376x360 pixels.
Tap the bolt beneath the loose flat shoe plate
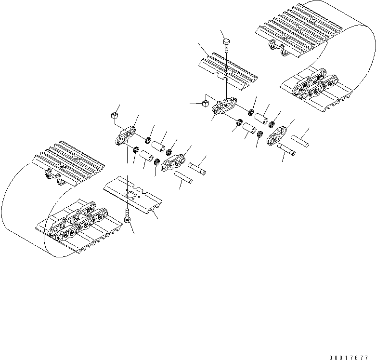(x=127, y=217)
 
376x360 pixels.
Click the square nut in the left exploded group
(x=115, y=115)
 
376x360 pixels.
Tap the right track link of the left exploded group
(x=173, y=162)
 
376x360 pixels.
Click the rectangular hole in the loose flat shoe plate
(x=131, y=194)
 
